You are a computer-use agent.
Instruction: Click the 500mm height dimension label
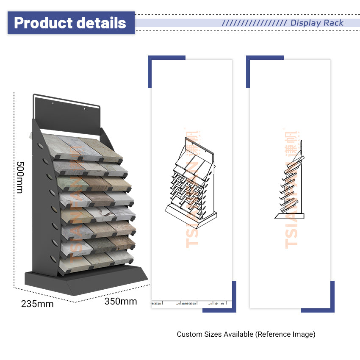pos(19,177)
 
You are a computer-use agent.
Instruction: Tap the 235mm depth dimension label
pos(37,304)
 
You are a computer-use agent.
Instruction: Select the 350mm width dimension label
pos(121,302)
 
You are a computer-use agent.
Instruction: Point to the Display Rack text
pos(317,23)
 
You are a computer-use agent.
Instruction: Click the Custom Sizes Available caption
pos(246,334)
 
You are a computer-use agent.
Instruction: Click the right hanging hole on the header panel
pos(84,109)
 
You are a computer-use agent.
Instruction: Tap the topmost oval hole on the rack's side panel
pos(39,146)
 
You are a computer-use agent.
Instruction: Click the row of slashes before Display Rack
pos(254,23)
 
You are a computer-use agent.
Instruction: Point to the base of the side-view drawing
pos(289,216)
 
